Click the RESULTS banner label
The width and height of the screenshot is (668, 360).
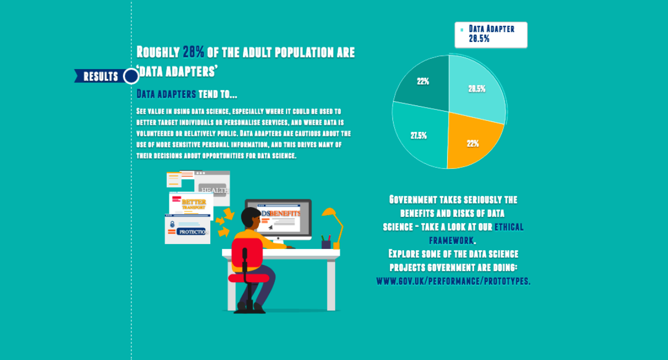[x=100, y=76]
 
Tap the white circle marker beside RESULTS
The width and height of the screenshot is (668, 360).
[x=131, y=76]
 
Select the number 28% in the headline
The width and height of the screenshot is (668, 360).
[x=193, y=52]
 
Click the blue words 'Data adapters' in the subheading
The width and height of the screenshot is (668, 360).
[x=166, y=94]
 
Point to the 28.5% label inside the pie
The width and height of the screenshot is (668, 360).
[x=476, y=89]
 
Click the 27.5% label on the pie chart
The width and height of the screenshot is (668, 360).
[x=418, y=135]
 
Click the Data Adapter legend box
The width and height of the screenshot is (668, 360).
[x=490, y=34]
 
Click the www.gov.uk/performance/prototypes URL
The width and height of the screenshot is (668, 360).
[x=453, y=281]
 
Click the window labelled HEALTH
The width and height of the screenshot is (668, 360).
[x=213, y=188]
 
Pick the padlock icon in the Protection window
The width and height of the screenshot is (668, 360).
[x=173, y=224]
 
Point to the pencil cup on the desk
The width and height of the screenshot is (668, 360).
[x=326, y=243]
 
